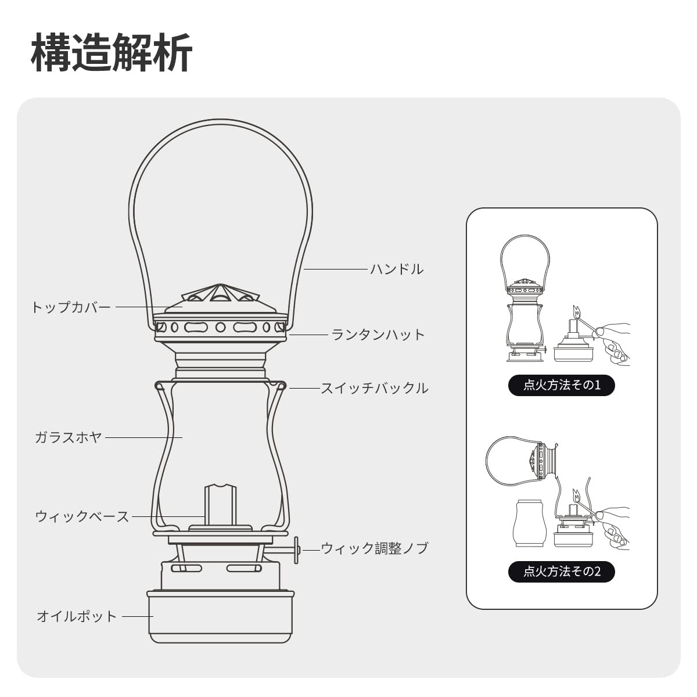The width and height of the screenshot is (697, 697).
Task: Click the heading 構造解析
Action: pyautogui.click(x=111, y=53)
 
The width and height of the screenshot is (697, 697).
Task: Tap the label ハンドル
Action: pyautogui.click(x=397, y=269)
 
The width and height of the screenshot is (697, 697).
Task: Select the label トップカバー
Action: pyautogui.click(x=71, y=307)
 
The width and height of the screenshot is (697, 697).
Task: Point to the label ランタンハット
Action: pyautogui.click(x=378, y=335)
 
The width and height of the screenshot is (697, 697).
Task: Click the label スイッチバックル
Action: pyautogui.click(x=375, y=387)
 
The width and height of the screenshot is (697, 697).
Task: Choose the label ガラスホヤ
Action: pyautogui.click(x=68, y=437)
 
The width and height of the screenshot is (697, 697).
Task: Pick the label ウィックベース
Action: pyautogui.click(x=82, y=516)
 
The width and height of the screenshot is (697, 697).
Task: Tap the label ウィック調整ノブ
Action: pyautogui.click(x=375, y=548)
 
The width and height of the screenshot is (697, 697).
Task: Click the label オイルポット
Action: pyautogui.click(x=77, y=616)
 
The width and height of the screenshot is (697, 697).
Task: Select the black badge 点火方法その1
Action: pyautogui.click(x=561, y=385)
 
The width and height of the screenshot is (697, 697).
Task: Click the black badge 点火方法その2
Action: pyautogui.click(x=561, y=572)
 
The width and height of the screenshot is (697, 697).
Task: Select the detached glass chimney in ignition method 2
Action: pyautogui.click(x=529, y=525)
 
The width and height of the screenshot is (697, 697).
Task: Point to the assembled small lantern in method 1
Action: pyautogui.click(x=524, y=302)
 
